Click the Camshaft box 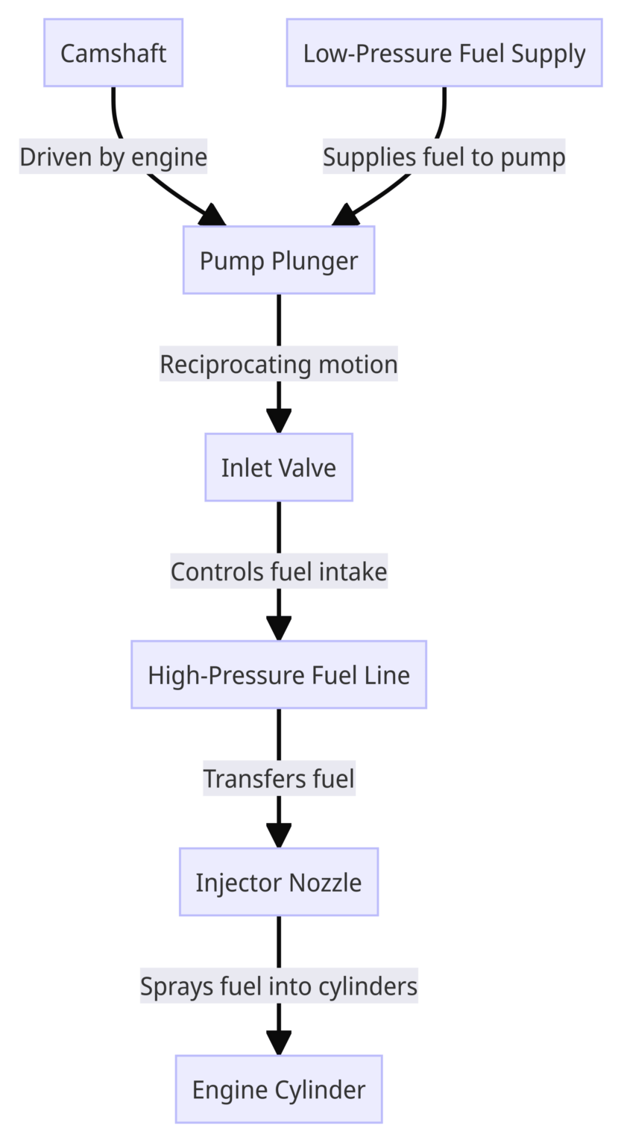[x=113, y=53]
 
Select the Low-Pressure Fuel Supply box [x=444, y=53]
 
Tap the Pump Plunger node [x=279, y=260]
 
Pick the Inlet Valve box [x=279, y=468]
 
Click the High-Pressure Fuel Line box [x=279, y=674]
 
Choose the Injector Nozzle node [x=279, y=882]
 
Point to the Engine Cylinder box [x=279, y=1089]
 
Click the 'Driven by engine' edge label [x=113, y=157]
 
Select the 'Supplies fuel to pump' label [x=444, y=157]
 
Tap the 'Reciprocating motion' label [x=279, y=364]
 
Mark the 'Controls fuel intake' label [x=279, y=572]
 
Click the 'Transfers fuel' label [x=279, y=779]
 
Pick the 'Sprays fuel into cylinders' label [x=279, y=986]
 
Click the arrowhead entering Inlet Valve [x=279, y=422]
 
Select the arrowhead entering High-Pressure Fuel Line [x=279, y=629]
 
